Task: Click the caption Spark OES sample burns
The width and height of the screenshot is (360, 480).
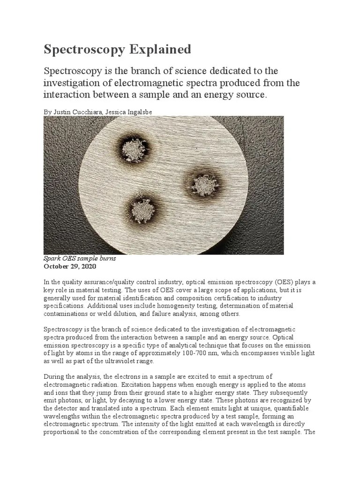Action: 79,259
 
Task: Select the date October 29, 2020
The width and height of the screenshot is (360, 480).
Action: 69,266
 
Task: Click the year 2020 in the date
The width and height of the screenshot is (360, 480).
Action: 88,266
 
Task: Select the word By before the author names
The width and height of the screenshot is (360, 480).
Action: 47,112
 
